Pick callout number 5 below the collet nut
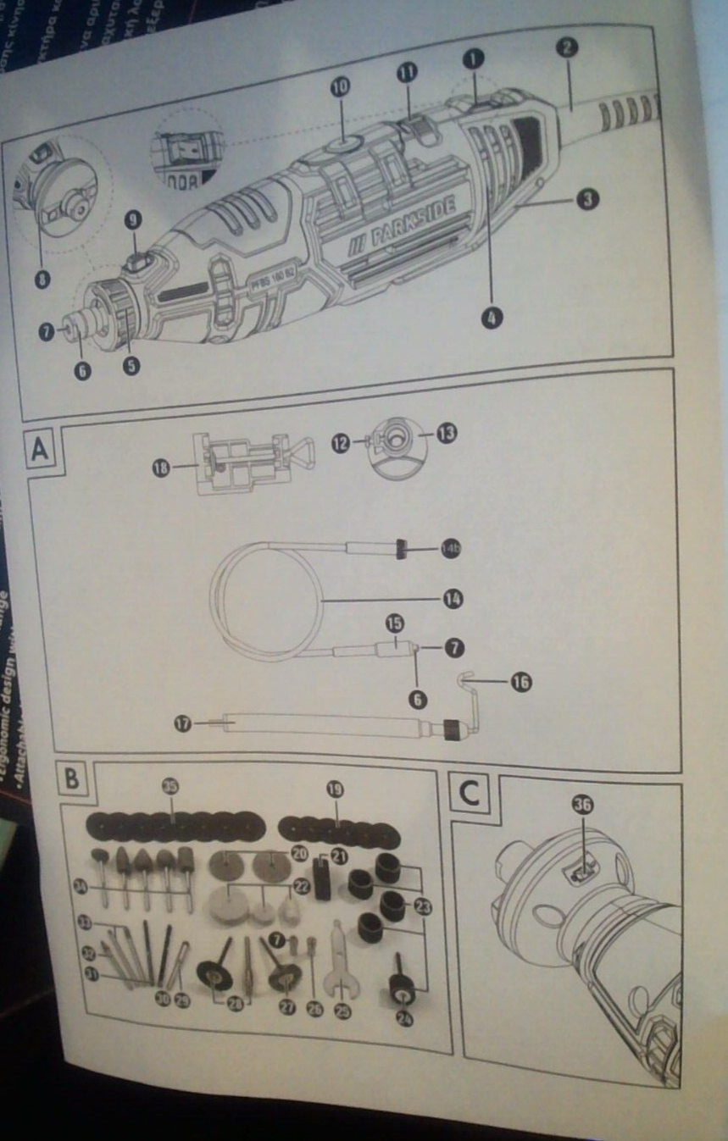[x=131, y=365]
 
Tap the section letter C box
[x=469, y=795]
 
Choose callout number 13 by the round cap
[x=447, y=433]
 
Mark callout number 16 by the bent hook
[x=520, y=681]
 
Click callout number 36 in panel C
[x=581, y=806]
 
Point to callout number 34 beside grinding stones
[x=81, y=886]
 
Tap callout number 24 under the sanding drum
[x=405, y=1019]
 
